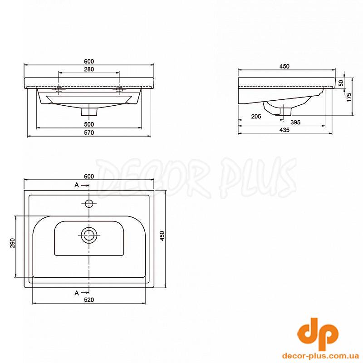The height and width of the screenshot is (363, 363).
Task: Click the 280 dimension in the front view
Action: coord(89,69)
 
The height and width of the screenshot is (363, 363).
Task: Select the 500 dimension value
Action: coord(89,124)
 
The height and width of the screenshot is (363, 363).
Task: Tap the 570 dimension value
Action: coord(89,132)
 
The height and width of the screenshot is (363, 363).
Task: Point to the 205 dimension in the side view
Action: coord(256,117)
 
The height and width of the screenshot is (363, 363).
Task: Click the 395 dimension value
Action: coord(295,122)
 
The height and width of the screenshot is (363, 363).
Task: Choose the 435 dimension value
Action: coord(285,130)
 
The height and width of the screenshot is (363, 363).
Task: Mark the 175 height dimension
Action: coord(349,97)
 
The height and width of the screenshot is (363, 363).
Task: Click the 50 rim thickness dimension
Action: coord(341,83)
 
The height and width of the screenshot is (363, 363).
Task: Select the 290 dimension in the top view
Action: coord(13,243)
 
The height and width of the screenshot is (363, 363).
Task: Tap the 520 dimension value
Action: coord(89,300)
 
